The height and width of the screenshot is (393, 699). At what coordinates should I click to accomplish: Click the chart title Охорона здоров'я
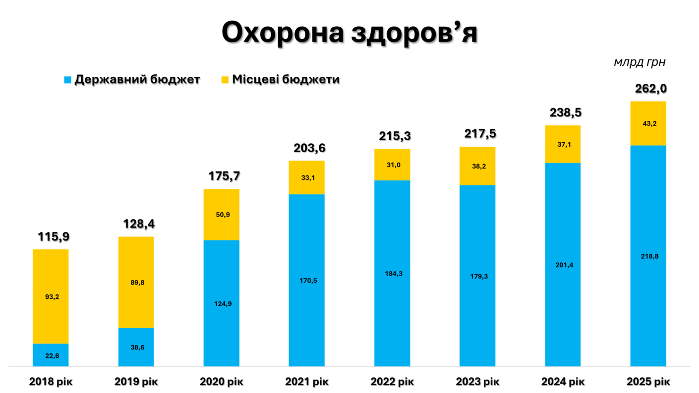pyautogui.click(x=349, y=33)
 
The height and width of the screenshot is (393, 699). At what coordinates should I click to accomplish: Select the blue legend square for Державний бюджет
pyautogui.click(x=68, y=80)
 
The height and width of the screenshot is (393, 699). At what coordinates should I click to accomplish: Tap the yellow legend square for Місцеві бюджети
pyautogui.click(x=225, y=80)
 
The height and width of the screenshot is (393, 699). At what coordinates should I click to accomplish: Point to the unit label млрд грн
pyautogui.click(x=640, y=62)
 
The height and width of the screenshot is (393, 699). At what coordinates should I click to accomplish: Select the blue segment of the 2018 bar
pyautogui.click(x=51, y=355)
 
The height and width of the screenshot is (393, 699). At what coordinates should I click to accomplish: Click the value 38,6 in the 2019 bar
pyautogui.click(x=135, y=347)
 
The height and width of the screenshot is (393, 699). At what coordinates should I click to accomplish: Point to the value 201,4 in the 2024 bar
pyautogui.click(x=563, y=265)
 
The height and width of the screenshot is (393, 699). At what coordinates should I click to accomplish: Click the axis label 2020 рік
pyautogui.click(x=221, y=382)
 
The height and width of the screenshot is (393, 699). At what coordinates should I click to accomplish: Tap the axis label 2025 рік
pyautogui.click(x=648, y=382)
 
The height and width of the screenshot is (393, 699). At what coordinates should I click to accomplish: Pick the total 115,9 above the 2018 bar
pyautogui.click(x=54, y=237)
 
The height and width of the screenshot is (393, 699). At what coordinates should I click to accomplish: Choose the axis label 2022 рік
pyautogui.click(x=392, y=382)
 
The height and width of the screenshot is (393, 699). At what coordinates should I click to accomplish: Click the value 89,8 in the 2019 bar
pyautogui.click(x=135, y=282)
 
